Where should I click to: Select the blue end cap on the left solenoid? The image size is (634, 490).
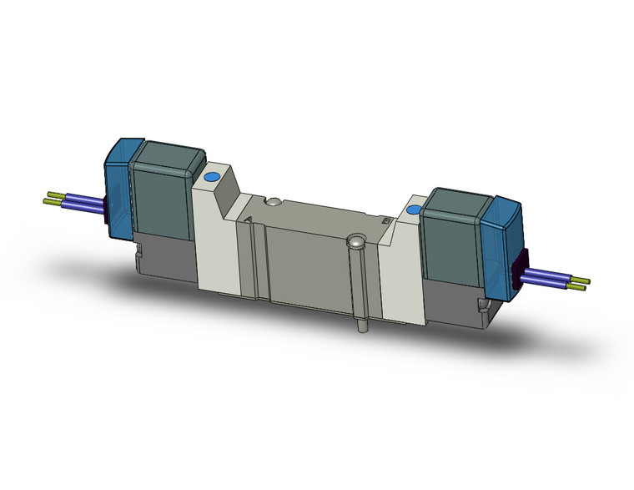point(117,188)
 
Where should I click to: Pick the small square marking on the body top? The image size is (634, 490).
point(386,220)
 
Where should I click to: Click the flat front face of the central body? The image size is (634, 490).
point(304,267)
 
